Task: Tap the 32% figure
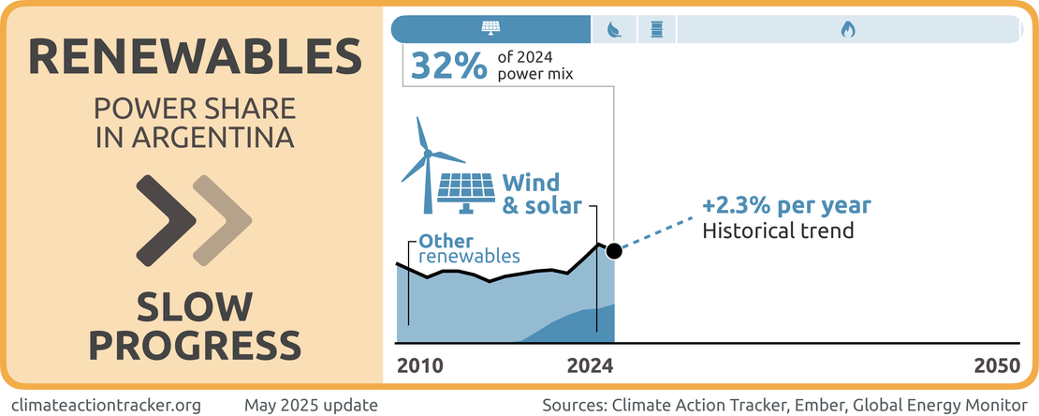448,66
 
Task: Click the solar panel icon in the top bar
490,29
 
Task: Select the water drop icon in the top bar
614,30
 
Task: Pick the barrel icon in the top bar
656,30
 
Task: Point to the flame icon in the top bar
847,30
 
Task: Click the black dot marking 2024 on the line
614,251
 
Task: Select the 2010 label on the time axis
420,366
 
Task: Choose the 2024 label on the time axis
590,366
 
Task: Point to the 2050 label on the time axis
996,366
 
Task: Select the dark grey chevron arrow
167,220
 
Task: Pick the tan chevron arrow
222,220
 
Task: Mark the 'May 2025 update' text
311,405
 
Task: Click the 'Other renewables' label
469,247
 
